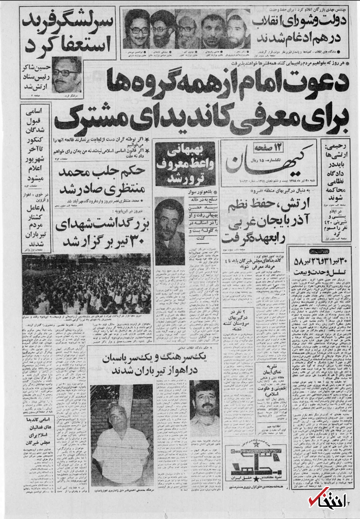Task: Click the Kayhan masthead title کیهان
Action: click(288, 157)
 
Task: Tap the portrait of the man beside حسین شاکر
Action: click(67, 76)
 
